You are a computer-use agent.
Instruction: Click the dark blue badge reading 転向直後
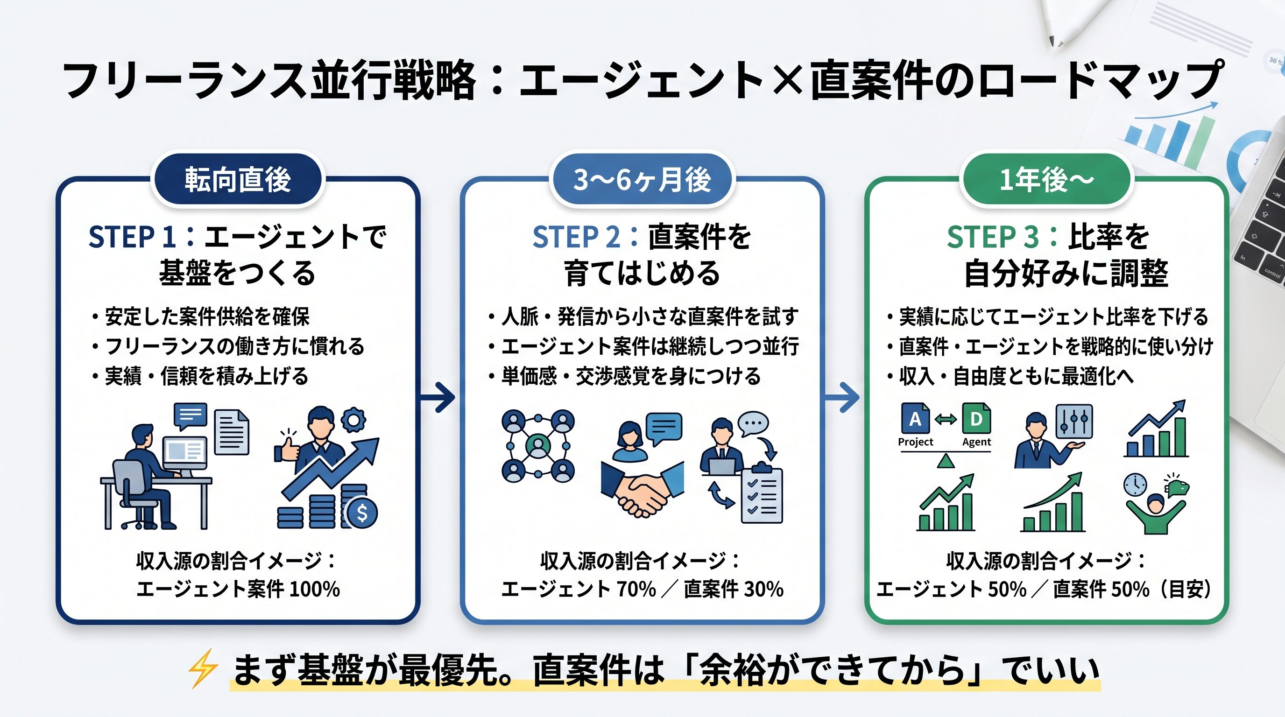[x=238, y=180]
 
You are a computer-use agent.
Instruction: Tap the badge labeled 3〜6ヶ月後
[x=642, y=180]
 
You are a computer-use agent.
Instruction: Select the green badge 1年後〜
[x=1046, y=180]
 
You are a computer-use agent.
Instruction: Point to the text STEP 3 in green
[x=993, y=237]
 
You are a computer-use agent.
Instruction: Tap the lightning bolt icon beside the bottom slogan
[x=203, y=668]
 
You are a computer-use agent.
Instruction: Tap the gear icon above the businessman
[x=353, y=420]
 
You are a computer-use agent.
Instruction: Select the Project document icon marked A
[x=915, y=419]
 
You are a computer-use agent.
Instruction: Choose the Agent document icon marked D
[x=976, y=419]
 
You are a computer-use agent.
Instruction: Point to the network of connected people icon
[x=538, y=445]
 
